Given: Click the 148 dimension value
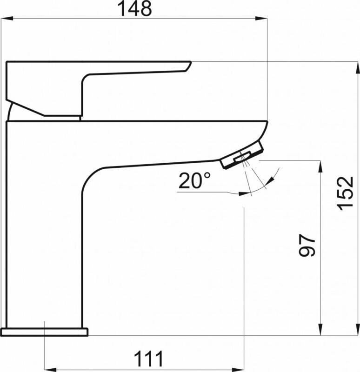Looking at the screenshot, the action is pos(134,9).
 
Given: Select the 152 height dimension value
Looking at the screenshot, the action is pos(345,193).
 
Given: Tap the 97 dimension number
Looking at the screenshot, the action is pos(307,246).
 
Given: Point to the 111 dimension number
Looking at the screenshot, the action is pos(148,359).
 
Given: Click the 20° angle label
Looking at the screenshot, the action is pos(194,180).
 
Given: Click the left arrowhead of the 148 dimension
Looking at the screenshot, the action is pos(7,18).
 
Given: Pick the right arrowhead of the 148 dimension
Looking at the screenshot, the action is pos(261,18).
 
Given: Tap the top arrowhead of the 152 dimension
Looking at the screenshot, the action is pos(357,67).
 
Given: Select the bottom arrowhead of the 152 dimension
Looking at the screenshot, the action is pos(357,330).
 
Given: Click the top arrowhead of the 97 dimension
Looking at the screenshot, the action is pos(320,166).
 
